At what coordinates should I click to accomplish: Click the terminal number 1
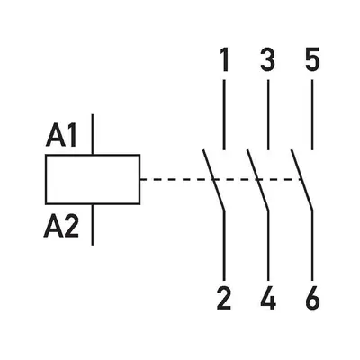(x=224, y=59)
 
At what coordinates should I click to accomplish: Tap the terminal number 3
(x=268, y=59)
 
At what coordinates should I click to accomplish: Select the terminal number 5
(x=312, y=59)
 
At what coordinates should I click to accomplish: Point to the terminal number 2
(x=224, y=298)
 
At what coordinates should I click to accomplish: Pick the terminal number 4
(x=268, y=298)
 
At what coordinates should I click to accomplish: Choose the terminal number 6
(x=312, y=298)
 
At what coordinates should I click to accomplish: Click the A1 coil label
(x=61, y=136)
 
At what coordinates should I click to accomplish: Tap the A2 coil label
(x=61, y=227)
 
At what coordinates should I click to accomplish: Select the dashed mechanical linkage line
(x=221, y=179)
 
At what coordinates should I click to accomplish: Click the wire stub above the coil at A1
(x=93, y=134)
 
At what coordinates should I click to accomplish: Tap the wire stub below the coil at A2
(x=93, y=225)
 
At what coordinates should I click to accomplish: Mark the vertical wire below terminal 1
(x=224, y=114)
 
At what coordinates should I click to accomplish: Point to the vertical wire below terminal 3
(x=268, y=114)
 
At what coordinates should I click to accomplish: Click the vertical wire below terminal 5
(x=312, y=114)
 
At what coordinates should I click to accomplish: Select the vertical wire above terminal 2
(x=224, y=246)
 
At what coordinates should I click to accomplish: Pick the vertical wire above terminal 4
(x=268, y=246)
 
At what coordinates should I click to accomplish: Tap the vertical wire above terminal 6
(x=312, y=246)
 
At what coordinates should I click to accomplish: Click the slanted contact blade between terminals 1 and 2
(x=213, y=180)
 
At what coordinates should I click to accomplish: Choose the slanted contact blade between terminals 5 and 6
(x=301, y=180)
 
